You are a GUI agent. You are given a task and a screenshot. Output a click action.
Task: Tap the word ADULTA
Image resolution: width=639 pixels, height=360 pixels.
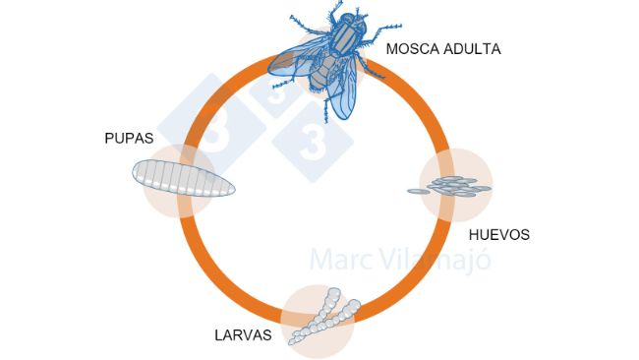click(472, 48)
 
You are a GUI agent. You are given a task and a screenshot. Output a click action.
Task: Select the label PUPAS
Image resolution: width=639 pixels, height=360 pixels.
click(129, 138)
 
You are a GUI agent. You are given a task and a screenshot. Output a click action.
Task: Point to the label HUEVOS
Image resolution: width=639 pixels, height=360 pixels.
click(499, 235)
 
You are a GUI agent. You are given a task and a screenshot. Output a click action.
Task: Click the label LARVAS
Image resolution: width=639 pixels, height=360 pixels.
click(243, 334)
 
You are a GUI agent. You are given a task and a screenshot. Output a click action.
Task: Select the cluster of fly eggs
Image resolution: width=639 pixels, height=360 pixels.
click(451, 186)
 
